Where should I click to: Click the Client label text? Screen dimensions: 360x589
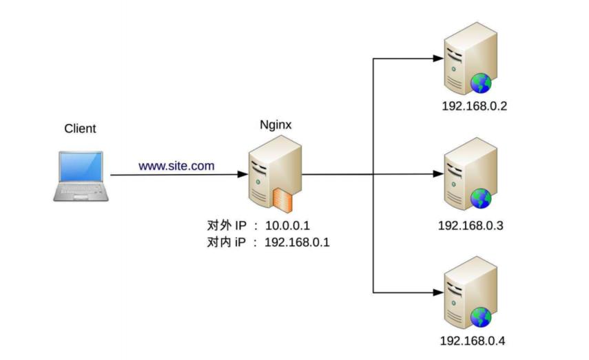pos(80,129)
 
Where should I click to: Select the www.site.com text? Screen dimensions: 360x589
pos(176,166)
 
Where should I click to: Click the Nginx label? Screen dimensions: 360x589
pos(276,125)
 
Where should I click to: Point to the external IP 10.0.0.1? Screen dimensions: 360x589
pos(288,226)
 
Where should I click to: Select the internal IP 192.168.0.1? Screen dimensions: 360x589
pos(297,242)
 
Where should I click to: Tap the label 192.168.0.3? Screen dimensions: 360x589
pos(471,226)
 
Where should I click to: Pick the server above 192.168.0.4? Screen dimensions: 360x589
pos(469,292)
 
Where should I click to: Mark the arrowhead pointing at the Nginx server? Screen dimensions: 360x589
pos(243,175)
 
